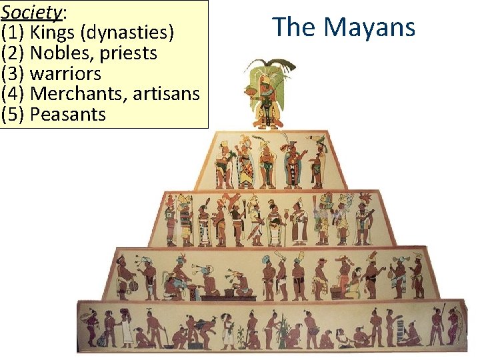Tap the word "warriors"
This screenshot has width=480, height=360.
[65, 73]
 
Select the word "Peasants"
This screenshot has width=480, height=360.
[68, 114]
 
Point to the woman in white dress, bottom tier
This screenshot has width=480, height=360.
[126, 329]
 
